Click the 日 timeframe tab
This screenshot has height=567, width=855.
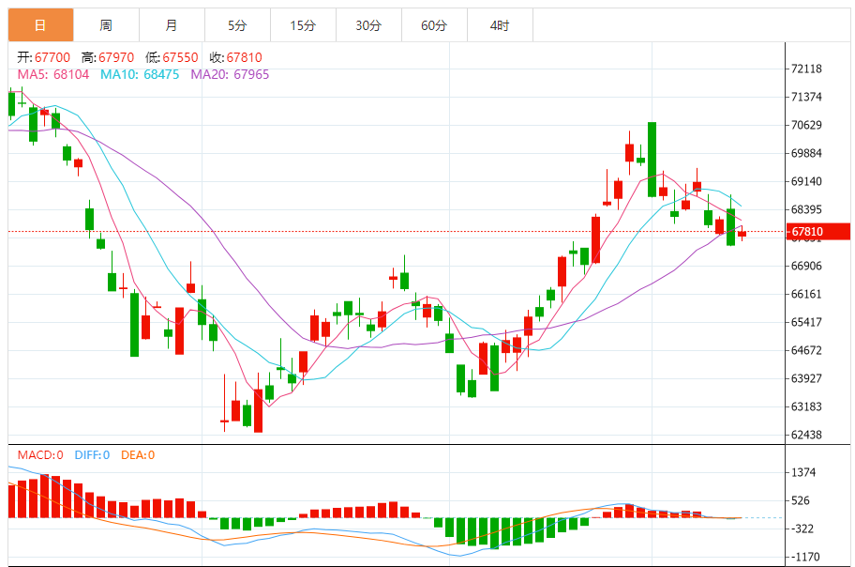click(x=40, y=26)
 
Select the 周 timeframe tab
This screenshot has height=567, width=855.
click(x=106, y=26)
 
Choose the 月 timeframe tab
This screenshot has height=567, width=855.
click(x=171, y=26)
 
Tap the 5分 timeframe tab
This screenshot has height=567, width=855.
click(x=236, y=26)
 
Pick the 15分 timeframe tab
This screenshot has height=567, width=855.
click(x=302, y=26)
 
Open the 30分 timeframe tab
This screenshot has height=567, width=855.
click(x=368, y=26)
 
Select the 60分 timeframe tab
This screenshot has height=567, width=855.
click(x=434, y=26)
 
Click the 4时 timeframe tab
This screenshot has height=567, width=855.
click(x=500, y=26)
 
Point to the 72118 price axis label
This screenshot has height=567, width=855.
click(x=806, y=69)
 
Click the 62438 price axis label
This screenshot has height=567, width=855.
click(x=806, y=436)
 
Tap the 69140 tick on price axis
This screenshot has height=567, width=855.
click(x=806, y=182)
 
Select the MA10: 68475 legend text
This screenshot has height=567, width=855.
click(x=140, y=73)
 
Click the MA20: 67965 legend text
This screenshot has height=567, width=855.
click(x=230, y=73)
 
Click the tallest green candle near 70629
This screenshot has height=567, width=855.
click(x=652, y=159)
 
